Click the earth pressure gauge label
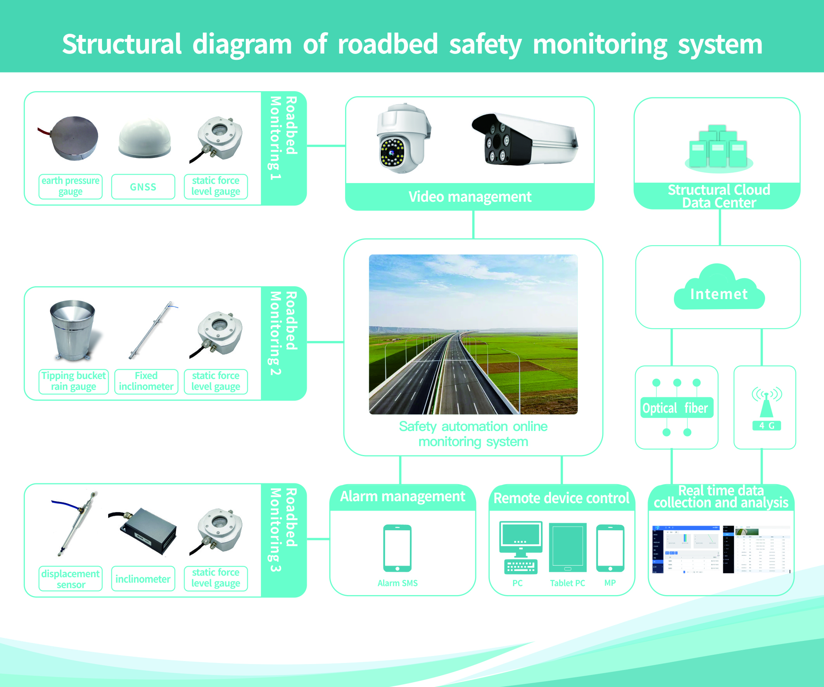tap(71, 186)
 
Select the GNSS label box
tap(143, 187)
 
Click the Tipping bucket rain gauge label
tap(73, 381)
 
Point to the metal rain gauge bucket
tap(73, 330)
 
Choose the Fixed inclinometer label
tap(146, 381)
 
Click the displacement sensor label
tap(71, 579)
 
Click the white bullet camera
tap(524, 139)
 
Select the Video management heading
tap(470, 197)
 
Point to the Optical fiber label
tap(675, 408)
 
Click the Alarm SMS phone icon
tap(397, 548)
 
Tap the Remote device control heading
tap(561, 498)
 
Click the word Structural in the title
tap(122, 44)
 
